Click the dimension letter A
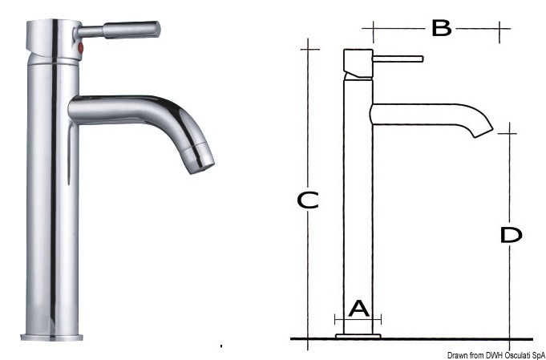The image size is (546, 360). click(x=358, y=309)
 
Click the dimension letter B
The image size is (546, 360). click(x=442, y=28)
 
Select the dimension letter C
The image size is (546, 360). click(x=307, y=200)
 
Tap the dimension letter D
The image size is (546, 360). click(x=511, y=235)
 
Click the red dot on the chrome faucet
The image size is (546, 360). click(x=80, y=47)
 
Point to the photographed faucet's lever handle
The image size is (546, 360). click(x=117, y=30)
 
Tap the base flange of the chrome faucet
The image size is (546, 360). click(x=52, y=337)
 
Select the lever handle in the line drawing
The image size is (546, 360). click(x=398, y=59)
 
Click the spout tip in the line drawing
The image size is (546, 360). click(x=484, y=133)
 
